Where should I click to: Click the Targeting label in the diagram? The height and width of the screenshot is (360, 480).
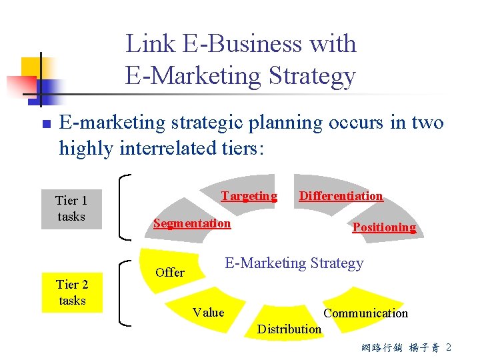pos(249,196)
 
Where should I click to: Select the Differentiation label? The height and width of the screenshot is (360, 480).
pos(341,196)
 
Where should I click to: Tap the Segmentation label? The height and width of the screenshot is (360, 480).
pos(192,223)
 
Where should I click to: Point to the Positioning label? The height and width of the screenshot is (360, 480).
pos(384,227)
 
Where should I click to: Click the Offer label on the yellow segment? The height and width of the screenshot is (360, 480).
pos(169,272)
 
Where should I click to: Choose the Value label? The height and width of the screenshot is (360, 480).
pos(208,312)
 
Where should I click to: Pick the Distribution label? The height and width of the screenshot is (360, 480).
pos(289,329)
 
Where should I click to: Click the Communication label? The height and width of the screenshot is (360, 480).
pos(365,313)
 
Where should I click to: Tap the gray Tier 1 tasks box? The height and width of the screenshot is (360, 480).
pos(71,208)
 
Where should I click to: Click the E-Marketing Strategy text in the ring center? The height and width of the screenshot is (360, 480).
pos(294,263)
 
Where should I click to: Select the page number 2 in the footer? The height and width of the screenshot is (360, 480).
pos(449,347)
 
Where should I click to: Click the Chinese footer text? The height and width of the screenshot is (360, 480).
pos(400,348)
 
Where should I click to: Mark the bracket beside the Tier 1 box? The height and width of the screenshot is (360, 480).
pos(123,207)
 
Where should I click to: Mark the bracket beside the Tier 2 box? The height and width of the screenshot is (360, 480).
pos(123,291)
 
